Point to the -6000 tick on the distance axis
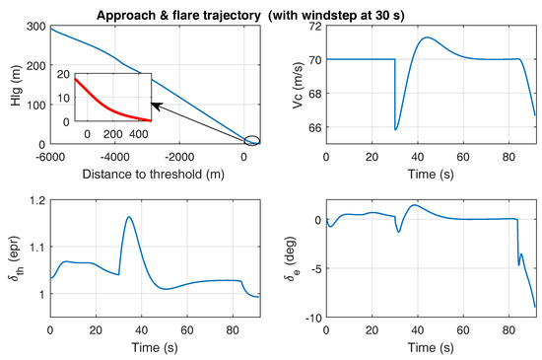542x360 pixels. (x=49, y=156)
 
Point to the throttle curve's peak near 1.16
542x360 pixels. (x=129, y=217)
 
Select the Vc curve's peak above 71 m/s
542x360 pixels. (x=427, y=37)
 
